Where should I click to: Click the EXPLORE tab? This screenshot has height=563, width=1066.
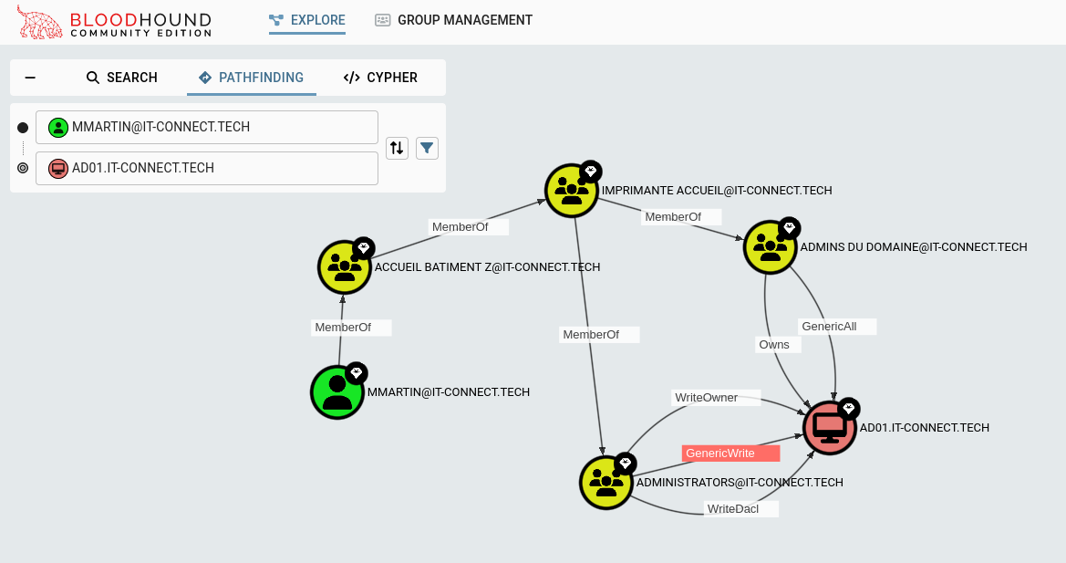[x=307, y=20]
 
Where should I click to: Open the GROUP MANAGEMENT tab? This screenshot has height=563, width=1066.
[x=453, y=20]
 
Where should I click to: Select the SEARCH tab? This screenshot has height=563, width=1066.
[x=122, y=78]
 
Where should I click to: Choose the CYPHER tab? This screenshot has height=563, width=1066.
[x=380, y=78]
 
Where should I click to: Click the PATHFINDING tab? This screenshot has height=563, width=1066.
[x=251, y=78]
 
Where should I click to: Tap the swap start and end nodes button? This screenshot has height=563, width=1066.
[x=397, y=148]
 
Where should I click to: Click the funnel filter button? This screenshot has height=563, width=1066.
[x=427, y=148]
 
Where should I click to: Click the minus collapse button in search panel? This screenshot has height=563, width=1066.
[x=30, y=78]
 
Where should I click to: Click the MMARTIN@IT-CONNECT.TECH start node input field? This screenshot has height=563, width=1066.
[x=207, y=128]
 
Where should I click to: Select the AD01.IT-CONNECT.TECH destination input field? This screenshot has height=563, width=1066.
[x=207, y=168]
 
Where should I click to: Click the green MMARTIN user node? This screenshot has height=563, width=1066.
[x=337, y=392]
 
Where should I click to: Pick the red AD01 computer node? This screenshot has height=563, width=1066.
[x=830, y=427]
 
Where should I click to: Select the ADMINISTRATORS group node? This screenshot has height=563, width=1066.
[x=606, y=482]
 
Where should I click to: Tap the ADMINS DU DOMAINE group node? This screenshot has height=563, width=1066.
[x=771, y=246]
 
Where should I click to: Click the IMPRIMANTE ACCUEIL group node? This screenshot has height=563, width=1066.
[x=572, y=191]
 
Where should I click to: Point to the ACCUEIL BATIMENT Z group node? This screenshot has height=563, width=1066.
[x=345, y=267]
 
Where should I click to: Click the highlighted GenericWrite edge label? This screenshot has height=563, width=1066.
[x=731, y=453]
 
